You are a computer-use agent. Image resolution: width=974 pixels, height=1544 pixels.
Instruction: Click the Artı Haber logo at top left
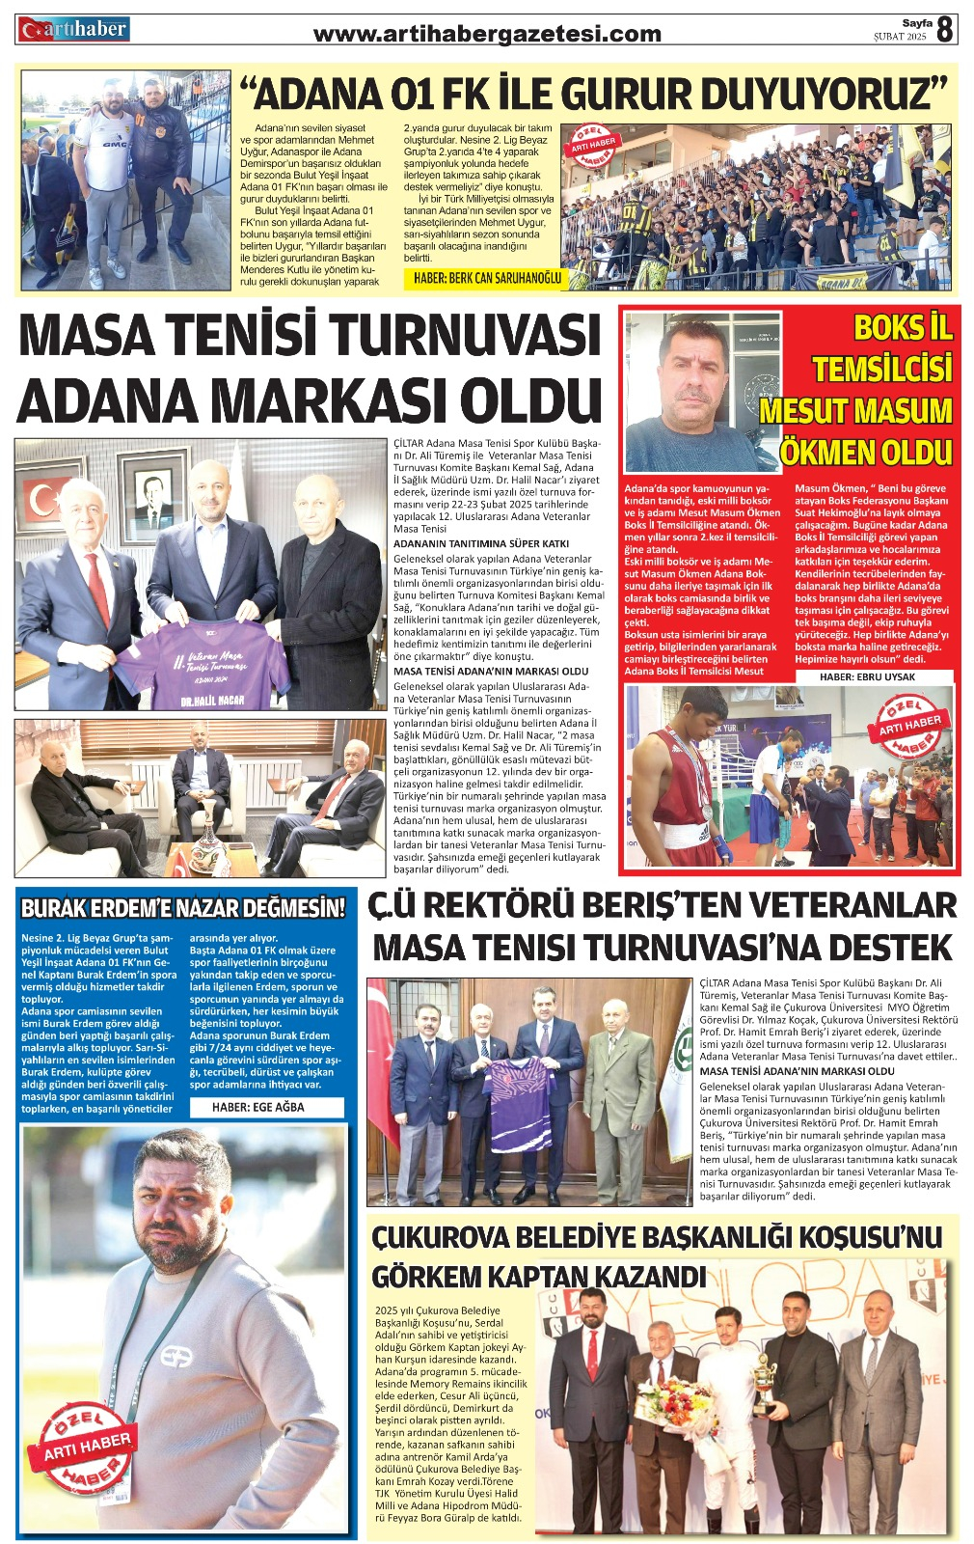pyautogui.click(x=73, y=30)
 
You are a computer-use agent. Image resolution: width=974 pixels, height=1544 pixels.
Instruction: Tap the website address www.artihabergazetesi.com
pyautogui.click(x=488, y=35)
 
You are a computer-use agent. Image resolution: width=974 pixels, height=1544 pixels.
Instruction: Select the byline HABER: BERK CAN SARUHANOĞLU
pyautogui.click(x=487, y=279)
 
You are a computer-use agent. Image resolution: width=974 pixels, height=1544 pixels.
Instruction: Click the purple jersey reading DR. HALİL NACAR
pyautogui.click(x=202, y=666)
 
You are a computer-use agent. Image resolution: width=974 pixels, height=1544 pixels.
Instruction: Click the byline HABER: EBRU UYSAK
pyautogui.click(x=867, y=676)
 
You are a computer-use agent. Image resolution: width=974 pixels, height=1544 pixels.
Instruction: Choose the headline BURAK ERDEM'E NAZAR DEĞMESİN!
pyautogui.click(x=183, y=908)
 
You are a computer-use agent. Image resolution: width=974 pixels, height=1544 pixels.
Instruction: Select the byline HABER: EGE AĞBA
pyautogui.click(x=257, y=1107)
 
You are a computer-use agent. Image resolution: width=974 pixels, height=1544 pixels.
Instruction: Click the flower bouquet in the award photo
pyautogui.click(x=676, y=1409)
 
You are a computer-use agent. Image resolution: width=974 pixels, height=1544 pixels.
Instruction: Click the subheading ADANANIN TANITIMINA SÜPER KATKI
pyautogui.click(x=468, y=543)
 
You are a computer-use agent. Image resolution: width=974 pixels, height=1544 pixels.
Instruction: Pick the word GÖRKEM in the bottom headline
pyautogui.click(x=439, y=1277)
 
